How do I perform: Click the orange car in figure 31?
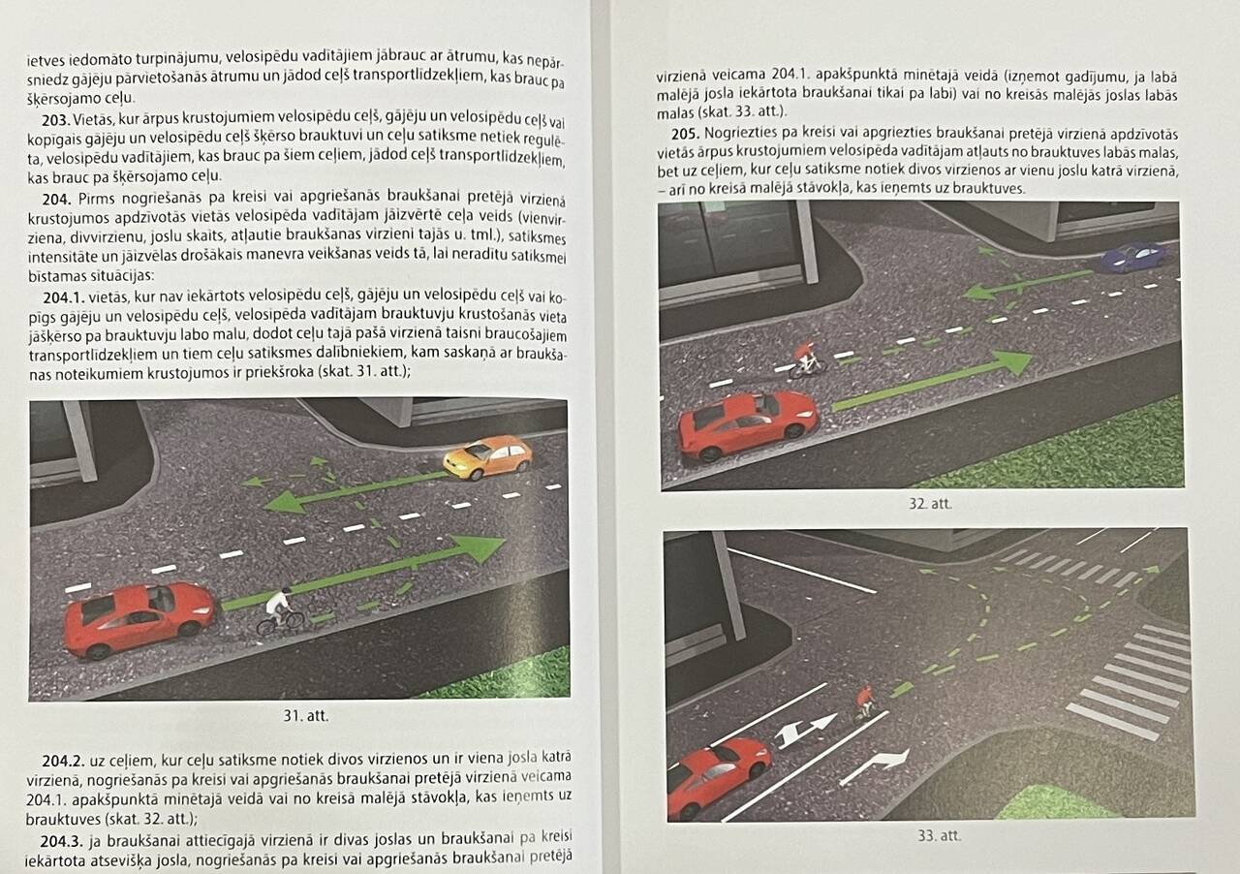(487, 457)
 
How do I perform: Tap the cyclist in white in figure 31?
(280, 612)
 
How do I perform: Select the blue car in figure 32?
(1134, 257)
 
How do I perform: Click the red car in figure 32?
(748, 424)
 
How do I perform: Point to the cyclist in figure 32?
(807, 360)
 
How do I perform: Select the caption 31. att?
(305, 716)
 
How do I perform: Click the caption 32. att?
(930, 504)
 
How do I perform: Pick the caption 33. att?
(940, 835)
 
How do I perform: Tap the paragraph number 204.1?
(64, 297)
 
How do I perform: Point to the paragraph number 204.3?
(61, 841)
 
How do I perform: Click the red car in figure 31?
(139, 619)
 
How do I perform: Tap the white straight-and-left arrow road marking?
(805, 731)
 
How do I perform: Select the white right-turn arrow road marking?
(875, 766)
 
